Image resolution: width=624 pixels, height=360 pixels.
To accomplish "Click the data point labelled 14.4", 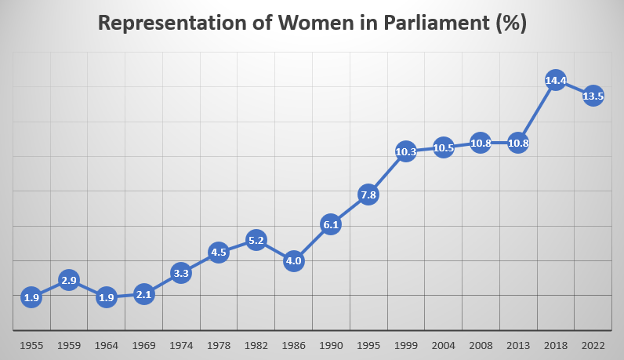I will coord(556,80).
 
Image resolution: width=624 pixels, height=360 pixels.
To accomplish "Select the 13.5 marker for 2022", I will coord(593,96).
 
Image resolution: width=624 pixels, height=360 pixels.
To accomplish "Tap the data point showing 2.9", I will coord(69,280).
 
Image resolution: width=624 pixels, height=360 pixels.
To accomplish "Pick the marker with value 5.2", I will coord(256,240).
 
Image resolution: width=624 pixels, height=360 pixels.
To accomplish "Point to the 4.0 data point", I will coord(293,260).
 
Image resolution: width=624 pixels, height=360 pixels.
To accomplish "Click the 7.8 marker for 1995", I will coord(368,195).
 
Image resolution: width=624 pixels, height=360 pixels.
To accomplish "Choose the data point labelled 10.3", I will coord(406,152).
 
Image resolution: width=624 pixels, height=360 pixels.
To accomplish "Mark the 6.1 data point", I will coord(331,224).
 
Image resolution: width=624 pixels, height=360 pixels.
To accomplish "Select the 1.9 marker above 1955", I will coord(31,297).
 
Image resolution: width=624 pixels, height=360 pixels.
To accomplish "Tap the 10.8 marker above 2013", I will coord(518,144).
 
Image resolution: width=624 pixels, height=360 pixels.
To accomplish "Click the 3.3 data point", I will coord(181,273).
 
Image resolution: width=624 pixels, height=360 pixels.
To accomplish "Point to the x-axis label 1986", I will coord(293,345).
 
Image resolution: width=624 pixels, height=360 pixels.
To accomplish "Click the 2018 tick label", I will coord(556,345).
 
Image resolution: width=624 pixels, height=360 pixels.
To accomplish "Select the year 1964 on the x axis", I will coord(106,345).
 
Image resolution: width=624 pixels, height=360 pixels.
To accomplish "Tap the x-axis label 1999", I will coord(406,345).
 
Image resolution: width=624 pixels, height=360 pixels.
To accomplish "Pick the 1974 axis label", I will coord(181,345).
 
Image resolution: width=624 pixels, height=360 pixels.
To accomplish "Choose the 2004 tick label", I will coord(444,345).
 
